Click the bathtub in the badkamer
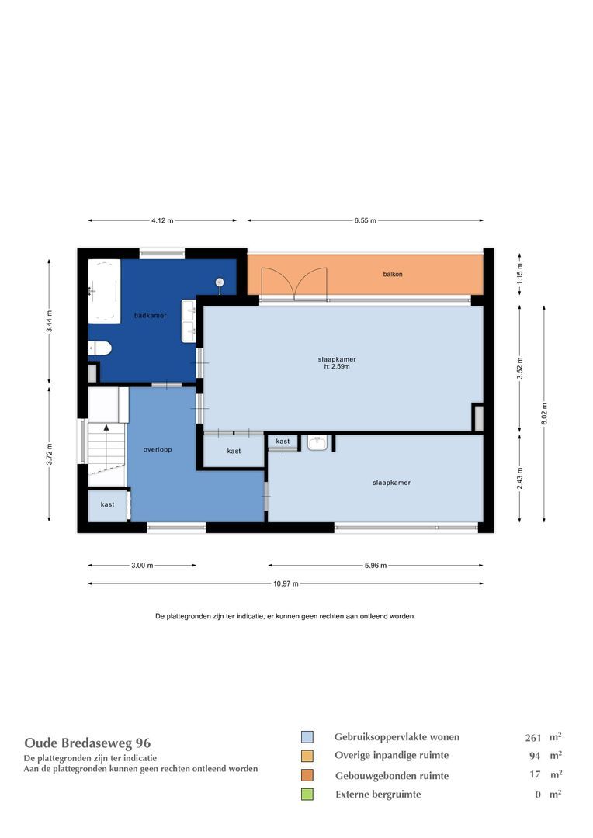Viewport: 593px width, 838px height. (x=104, y=291)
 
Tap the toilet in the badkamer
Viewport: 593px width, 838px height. (x=101, y=348)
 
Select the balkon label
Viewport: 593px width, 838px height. (x=393, y=274)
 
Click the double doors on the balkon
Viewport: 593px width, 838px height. (x=294, y=283)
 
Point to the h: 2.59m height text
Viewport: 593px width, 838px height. (x=337, y=367)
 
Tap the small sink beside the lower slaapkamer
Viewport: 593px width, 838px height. (x=317, y=443)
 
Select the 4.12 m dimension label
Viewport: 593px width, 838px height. (x=162, y=220)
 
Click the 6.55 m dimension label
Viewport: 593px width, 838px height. (x=365, y=220)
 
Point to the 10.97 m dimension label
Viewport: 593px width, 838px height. (x=286, y=584)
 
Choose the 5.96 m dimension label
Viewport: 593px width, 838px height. (x=375, y=566)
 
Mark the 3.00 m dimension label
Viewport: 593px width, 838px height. (x=142, y=566)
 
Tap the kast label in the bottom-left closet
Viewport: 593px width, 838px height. (x=107, y=504)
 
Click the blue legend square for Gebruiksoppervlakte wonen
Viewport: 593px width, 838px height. (x=307, y=737)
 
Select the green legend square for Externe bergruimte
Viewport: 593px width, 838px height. (x=307, y=794)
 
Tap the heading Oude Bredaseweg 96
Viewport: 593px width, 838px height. (x=88, y=743)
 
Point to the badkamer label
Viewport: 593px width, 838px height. (x=150, y=315)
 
